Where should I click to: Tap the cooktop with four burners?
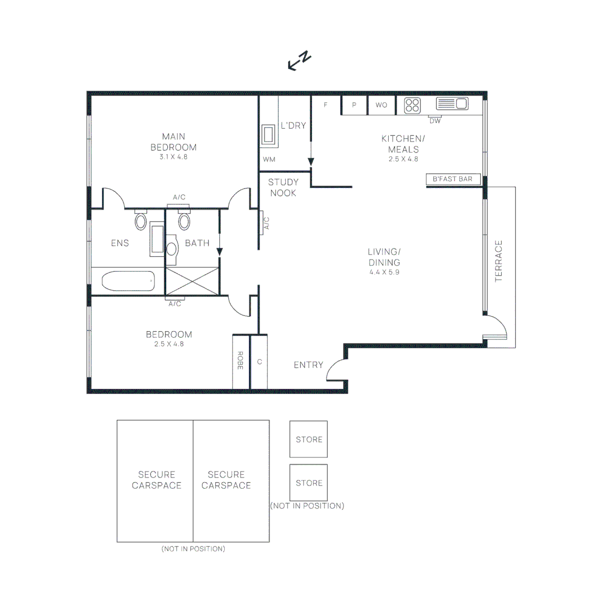coord(412,105)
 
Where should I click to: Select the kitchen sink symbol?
coord(452,103)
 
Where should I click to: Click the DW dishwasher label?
coord(435,121)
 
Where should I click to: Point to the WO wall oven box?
coord(381,105)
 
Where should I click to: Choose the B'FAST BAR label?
coord(453,180)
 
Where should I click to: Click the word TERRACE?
coord(499,261)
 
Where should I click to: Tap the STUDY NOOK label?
coord(284,187)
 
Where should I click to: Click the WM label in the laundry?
coord(269,159)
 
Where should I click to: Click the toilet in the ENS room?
coord(140,220)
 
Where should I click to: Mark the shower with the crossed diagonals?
coord(192,280)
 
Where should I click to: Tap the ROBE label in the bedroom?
coord(240,361)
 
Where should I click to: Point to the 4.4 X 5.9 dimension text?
coord(384,272)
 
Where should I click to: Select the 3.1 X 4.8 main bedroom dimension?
coord(173,157)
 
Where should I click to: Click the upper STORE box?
coord(309,439)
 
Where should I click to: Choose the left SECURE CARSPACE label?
coord(157,480)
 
